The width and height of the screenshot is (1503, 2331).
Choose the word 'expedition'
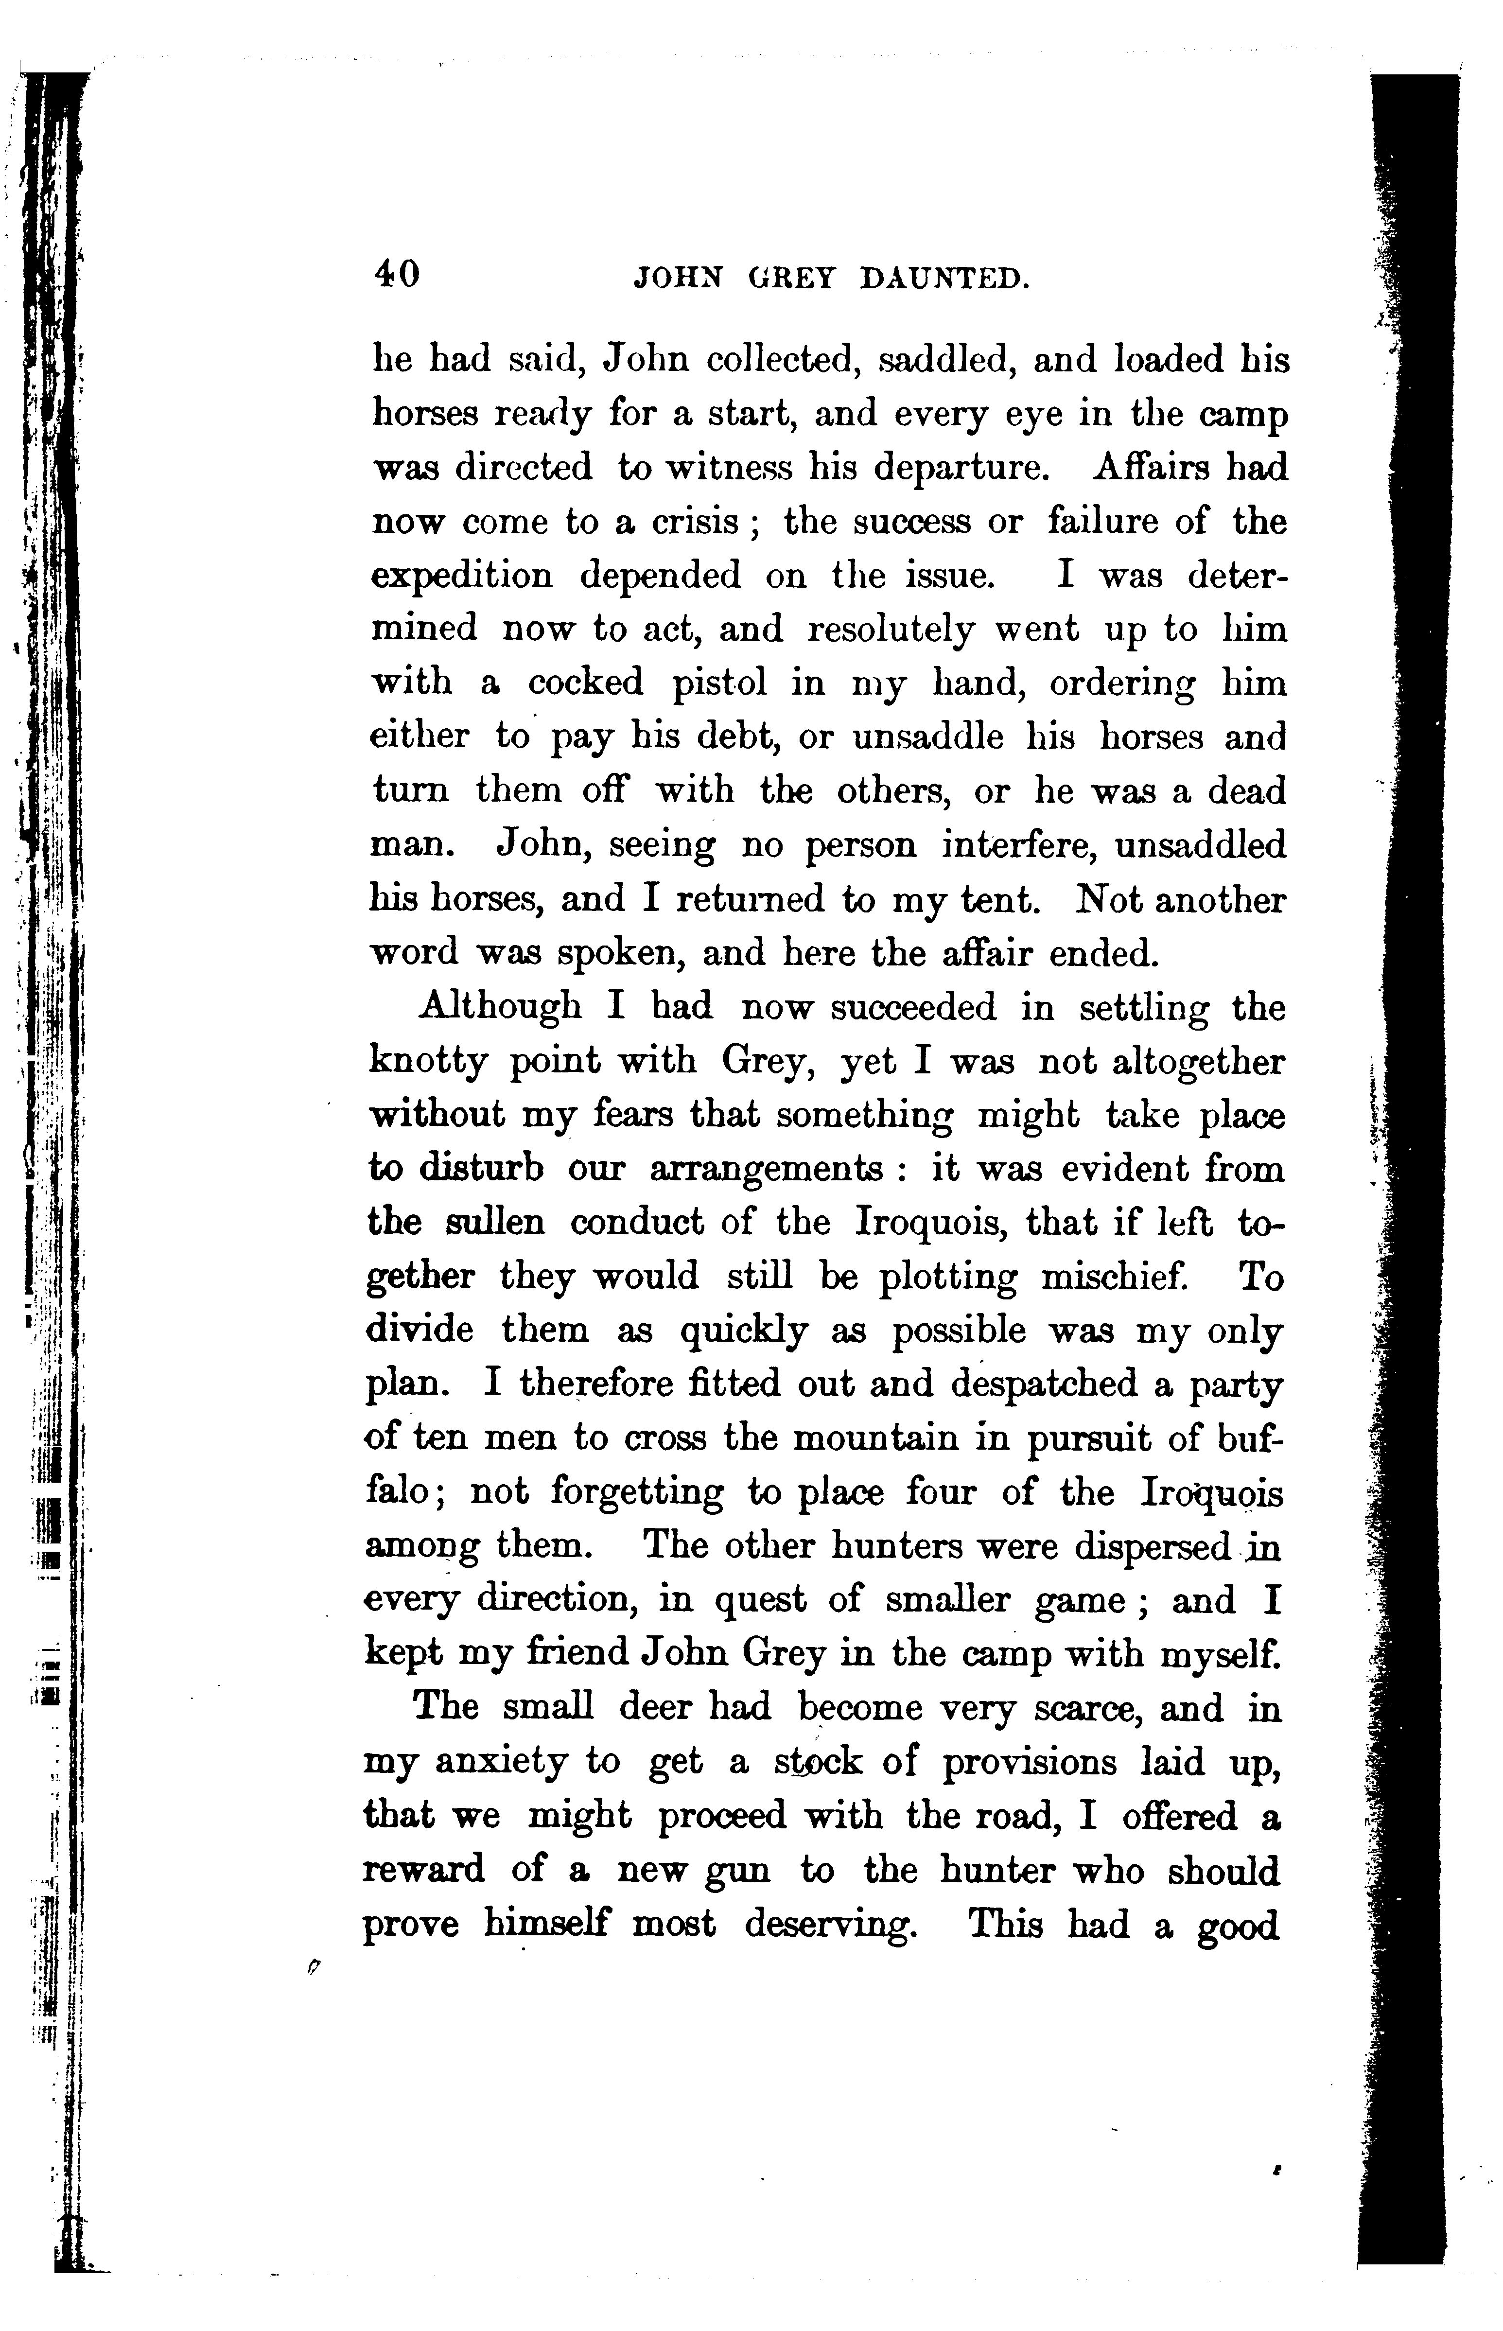coord(463,576)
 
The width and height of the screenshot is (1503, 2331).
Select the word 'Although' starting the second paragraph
coord(499,1007)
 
